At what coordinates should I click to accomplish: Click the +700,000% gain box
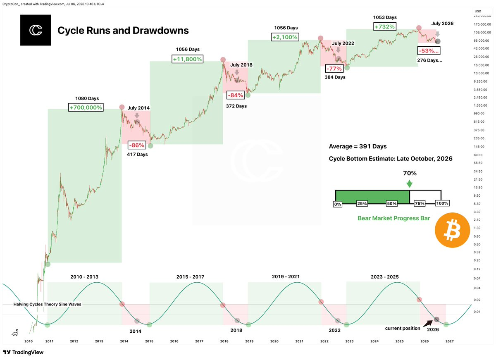click(86, 107)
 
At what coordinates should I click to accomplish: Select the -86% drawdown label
click(137, 145)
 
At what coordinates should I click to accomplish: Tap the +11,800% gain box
click(187, 59)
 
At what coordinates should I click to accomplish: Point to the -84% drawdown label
click(235, 95)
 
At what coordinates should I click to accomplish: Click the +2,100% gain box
click(285, 37)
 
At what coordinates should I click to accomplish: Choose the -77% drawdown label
click(334, 69)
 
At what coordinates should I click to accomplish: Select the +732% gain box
click(385, 26)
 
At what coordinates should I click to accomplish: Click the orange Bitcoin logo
click(452, 230)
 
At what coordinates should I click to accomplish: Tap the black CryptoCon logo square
click(36, 30)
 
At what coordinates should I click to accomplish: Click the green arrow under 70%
click(410, 184)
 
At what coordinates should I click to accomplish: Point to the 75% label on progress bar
click(420, 203)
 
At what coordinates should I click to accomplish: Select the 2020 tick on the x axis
click(274, 341)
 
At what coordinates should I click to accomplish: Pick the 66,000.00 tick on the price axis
click(482, 41)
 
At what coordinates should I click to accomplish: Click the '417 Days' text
click(137, 154)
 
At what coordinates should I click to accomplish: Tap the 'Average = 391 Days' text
click(358, 146)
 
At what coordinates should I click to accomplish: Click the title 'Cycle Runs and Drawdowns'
click(123, 31)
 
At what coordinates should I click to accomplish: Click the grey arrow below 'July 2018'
click(237, 72)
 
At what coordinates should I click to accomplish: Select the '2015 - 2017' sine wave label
click(190, 277)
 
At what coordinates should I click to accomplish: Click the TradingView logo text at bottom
click(23, 352)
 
